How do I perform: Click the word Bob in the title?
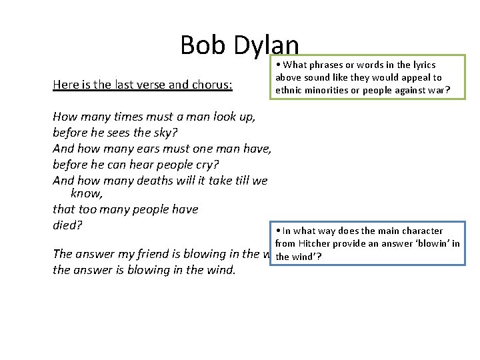coord(203,45)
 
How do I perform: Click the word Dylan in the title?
coord(265,45)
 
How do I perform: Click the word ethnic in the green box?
coord(289,90)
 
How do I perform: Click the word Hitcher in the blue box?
coord(317,243)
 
